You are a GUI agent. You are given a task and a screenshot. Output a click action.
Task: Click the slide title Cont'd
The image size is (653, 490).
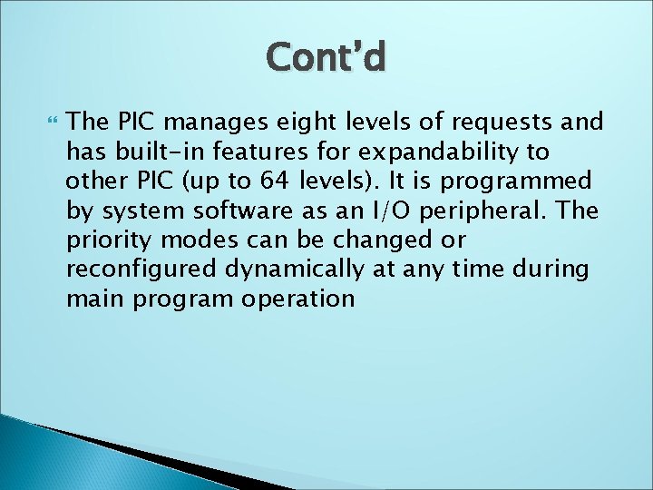click(x=326, y=57)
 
